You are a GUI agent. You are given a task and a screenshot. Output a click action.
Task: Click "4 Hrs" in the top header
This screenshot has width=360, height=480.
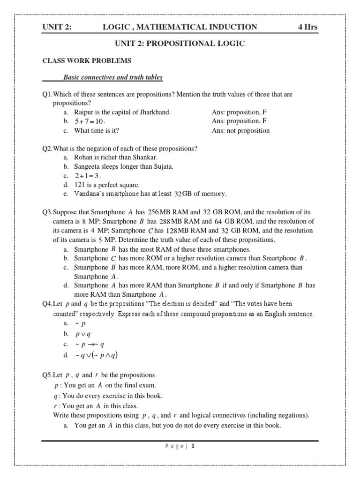pos(307,27)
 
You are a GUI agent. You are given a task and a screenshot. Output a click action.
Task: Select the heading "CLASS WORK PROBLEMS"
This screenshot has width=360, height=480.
pos(87,61)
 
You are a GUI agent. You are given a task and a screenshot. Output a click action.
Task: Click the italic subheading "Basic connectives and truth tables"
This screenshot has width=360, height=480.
pos(113,77)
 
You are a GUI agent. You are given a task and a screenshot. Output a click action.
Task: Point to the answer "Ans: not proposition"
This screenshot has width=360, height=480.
pos(240,131)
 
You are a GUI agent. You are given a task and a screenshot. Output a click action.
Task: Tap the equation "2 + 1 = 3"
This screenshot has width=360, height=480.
pos(88,176)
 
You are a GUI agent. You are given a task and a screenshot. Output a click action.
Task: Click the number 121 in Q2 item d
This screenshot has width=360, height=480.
pos(80,185)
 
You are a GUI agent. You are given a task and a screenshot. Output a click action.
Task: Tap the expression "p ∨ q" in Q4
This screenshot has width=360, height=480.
pos(85,334)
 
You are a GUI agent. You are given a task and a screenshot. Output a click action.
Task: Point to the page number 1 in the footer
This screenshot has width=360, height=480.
pos(192,446)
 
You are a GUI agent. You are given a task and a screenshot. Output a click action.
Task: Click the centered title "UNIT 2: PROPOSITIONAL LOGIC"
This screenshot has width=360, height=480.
pos(180,44)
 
